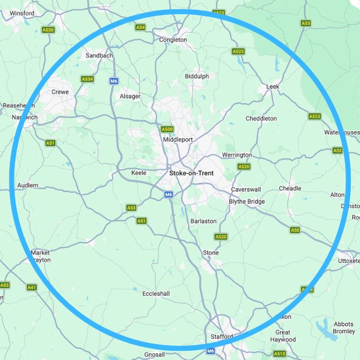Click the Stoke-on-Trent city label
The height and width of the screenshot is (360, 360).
coord(191,173)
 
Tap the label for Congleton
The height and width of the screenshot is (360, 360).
coord(173,40)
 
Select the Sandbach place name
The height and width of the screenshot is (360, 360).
coord(99,56)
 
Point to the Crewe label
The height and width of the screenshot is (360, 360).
coord(60,92)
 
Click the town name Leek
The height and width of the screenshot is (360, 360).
coord(273,86)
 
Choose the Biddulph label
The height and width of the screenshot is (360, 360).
coord(197,76)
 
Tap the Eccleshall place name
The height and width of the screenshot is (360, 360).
coord(156,294)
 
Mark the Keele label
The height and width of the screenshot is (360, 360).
coord(139,173)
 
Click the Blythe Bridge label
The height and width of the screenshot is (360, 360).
coord(247,202)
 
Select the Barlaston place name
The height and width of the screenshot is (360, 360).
coord(204,221)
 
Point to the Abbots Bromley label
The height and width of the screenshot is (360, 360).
coord(344,328)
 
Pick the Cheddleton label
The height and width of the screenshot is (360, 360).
coord(261,118)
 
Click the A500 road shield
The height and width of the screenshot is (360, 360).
coord(167,129)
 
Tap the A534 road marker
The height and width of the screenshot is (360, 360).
coord(87,79)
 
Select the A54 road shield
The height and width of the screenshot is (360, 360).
coord(140,27)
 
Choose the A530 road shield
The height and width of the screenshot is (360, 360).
coord(48,30)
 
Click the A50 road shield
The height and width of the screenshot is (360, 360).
coord(295,230)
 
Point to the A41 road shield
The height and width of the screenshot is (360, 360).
coord(32,287)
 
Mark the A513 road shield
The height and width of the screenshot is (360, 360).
coord(280,354)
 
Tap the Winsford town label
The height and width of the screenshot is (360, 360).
coord(22,13)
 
